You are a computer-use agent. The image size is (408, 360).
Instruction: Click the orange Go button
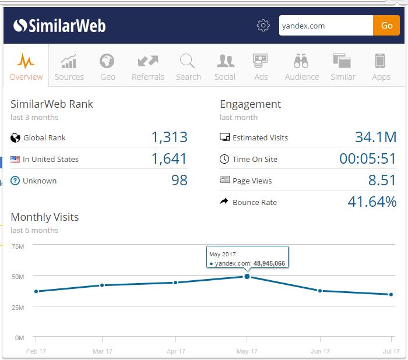pyautogui.click(x=386, y=26)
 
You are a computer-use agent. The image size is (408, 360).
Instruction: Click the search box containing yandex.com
pyautogui.click(x=326, y=26)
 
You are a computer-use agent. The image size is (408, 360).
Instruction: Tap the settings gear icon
pyautogui.click(x=263, y=26)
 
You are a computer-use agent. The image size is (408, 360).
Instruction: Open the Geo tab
pyautogui.click(x=107, y=67)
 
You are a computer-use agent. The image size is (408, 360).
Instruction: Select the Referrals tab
pyautogui.click(x=148, y=67)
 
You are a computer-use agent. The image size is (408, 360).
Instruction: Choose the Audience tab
pyautogui.click(x=301, y=67)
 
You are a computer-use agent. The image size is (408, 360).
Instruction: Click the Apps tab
pyautogui.click(x=381, y=67)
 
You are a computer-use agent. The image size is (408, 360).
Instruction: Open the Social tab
pyautogui.click(x=225, y=67)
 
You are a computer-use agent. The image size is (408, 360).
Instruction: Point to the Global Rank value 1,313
pyautogui.click(x=169, y=137)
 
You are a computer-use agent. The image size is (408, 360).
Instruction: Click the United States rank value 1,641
pyautogui.click(x=169, y=159)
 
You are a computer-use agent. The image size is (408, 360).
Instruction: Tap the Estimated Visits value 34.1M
pyautogui.click(x=375, y=137)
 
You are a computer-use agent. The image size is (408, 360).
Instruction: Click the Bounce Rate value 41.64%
pyautogui.click(x=372, y=202)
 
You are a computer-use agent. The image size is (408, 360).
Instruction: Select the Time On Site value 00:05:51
pyautogui.click(x=368, y=159)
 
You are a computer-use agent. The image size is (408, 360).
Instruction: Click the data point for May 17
pyautogui.click(x=247, y=276)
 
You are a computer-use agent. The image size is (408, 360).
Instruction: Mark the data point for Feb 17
pyautogui.click(x=36, y=291)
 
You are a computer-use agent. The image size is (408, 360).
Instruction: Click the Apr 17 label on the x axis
pyautogui.click(x=176, y=351)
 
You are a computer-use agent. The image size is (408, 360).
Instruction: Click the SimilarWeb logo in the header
pyautogui.click(x=59, y=26)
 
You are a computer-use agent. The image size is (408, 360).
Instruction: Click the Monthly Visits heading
pyautogui.click(x=45, y=217)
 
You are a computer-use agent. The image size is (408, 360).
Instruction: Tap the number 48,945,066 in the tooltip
pyautogui.click(x=269, y=264)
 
